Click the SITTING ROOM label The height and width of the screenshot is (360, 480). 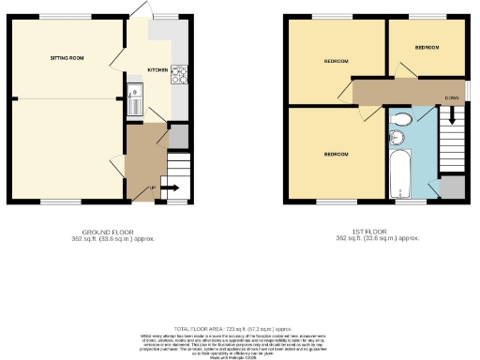coord(67,58)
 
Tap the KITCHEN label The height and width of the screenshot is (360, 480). coord(157,70)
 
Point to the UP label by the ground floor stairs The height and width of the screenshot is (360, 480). coord(153,188)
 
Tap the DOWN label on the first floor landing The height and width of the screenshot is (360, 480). coord(452,97)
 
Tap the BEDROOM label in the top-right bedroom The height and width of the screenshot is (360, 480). coord(427,46)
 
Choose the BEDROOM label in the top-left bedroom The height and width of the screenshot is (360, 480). coord(336,61)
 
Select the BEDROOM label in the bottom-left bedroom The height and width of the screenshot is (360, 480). coord(336,153)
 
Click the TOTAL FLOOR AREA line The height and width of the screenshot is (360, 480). coord(239,321)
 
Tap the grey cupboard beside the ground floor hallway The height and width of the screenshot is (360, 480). coord(177,135)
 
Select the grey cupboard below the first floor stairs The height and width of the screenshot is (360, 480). coord(453,186)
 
